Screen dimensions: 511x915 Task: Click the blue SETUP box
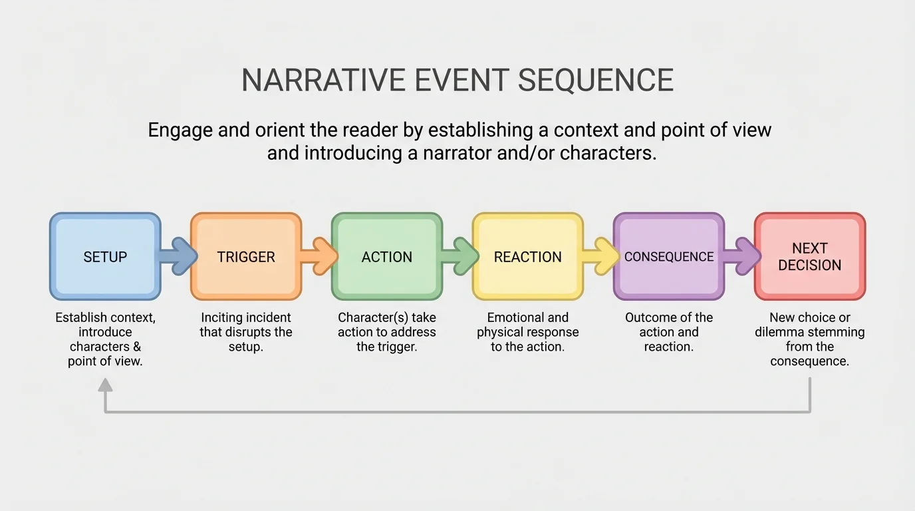click(x=105, y=257)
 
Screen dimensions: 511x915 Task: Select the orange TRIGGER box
click(x=246, y=257)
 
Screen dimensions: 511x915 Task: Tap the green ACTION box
click(x=387, y=257)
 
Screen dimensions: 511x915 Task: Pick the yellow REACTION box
click(x=528, y=257)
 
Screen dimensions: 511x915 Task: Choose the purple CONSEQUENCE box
click(x=669, y=257)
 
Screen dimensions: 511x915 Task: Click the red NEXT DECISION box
click(x=810, y=257)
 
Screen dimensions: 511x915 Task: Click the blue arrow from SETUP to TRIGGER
click(x=178, y=257)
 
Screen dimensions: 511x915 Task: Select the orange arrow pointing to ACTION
click(x=319, y=257)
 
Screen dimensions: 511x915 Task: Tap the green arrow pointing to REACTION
click(x=459, y=257)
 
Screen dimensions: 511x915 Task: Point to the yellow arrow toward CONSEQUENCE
click(x=600, y=257)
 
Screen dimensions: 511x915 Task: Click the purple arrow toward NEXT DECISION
click(x=741, y=257)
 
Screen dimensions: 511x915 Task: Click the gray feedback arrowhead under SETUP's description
click(x=105, y=384)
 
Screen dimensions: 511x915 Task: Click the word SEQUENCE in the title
click(x=595, y=81)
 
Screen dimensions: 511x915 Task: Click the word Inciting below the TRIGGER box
click(x=223, y=317)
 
